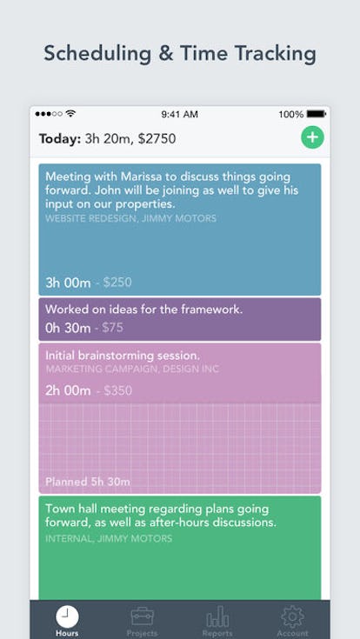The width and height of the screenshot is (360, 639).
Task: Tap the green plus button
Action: point(312,137)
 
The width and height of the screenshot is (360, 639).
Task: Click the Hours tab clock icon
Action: point(67,616)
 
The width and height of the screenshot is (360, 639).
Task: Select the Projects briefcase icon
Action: point(142,616)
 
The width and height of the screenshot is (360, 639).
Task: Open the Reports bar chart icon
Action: point(217,616)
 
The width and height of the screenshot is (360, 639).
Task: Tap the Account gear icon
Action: point(293,616)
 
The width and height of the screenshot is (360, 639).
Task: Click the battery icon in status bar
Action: point(317,114)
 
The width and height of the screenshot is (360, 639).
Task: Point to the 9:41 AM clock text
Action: point(180,114)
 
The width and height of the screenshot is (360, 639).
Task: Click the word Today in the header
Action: point(59,137)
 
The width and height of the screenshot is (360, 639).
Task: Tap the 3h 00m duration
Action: point(68,282)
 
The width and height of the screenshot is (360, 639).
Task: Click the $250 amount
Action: point(117,282)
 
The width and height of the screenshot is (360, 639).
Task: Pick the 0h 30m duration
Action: point(68,328)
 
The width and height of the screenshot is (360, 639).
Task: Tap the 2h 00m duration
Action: point(68,390)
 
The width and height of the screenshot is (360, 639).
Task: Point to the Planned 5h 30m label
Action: point(88,481)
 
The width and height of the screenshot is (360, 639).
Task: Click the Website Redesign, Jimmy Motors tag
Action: point(131,218)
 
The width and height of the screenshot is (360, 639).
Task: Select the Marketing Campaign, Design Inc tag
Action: point(132,369)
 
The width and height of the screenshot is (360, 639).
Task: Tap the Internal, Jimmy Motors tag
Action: point(109,538)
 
